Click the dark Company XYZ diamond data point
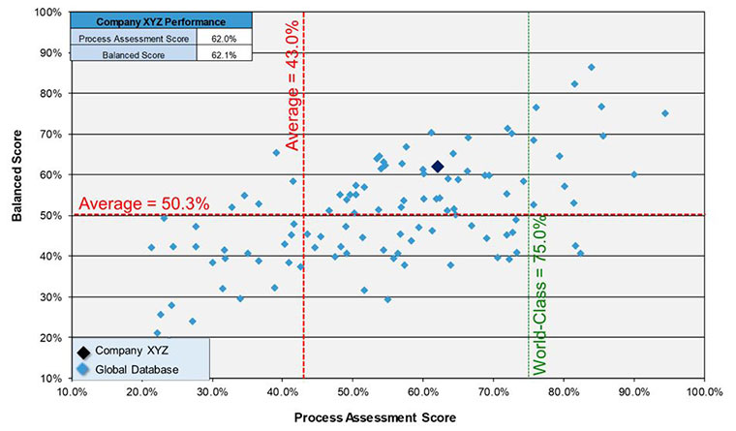437,167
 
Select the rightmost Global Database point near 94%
664,113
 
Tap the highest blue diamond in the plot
591,67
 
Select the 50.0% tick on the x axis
352,392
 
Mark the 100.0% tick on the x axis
703,392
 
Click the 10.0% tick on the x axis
73,392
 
